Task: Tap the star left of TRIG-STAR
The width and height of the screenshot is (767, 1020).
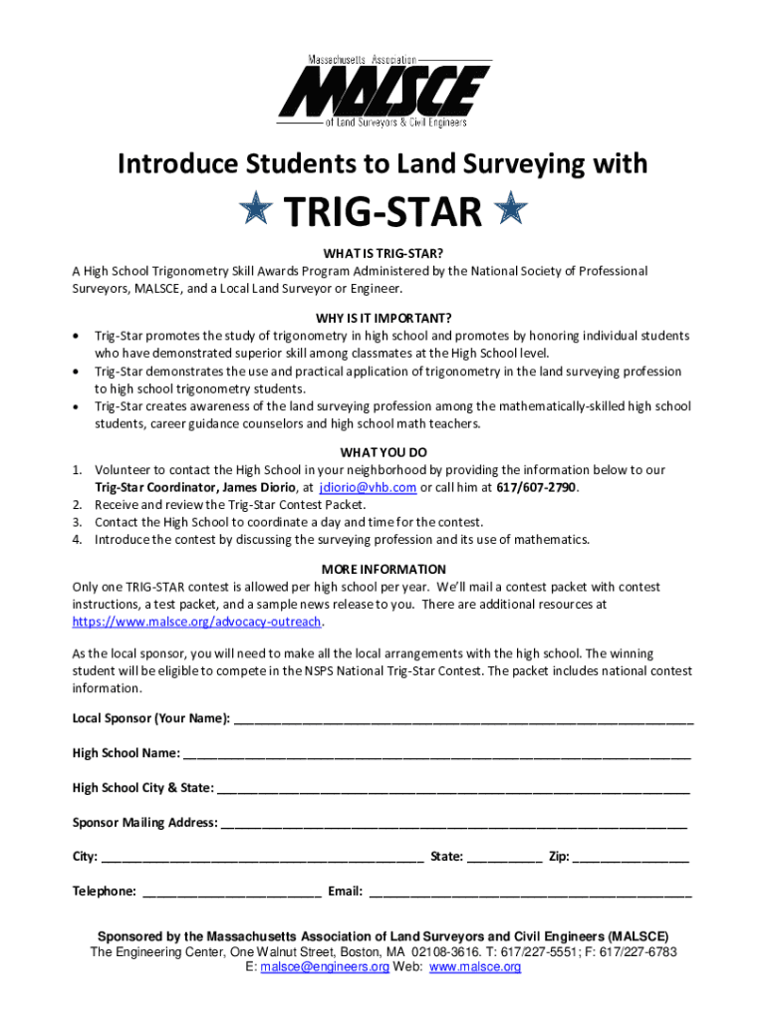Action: point(257,210)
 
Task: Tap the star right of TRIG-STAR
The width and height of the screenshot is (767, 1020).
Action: point(511,210)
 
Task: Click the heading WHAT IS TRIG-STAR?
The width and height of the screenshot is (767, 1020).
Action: point(383,254)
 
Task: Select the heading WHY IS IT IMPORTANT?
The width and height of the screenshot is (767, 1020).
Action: point(383,318)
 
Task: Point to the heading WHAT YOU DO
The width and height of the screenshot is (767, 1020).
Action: point(383,452)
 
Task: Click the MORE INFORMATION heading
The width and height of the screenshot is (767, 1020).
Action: point(383,570)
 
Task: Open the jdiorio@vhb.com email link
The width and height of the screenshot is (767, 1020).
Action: point(367,488)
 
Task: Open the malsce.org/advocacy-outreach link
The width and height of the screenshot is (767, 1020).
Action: point(197,622)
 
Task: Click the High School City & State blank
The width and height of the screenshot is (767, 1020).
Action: point(453,789)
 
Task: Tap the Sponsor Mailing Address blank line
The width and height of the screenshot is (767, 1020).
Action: point(454,824)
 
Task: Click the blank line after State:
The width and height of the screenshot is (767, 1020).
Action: point(504,858)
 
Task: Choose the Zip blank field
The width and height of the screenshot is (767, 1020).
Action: point(631,858)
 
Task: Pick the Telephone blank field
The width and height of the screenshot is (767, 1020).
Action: point(232,892)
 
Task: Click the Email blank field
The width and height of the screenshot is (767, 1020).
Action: point(530,892)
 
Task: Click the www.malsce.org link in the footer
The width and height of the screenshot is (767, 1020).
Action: point(475,967)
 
